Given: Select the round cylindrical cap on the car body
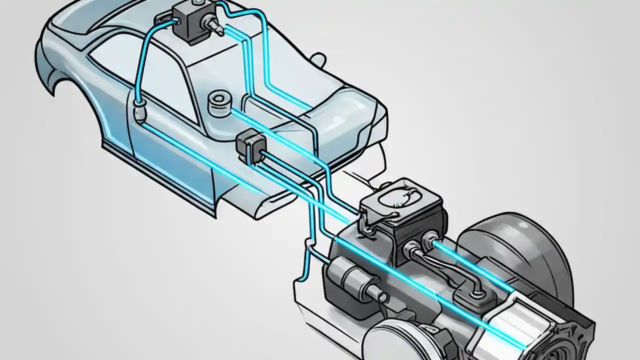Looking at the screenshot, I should click(218, 102).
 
